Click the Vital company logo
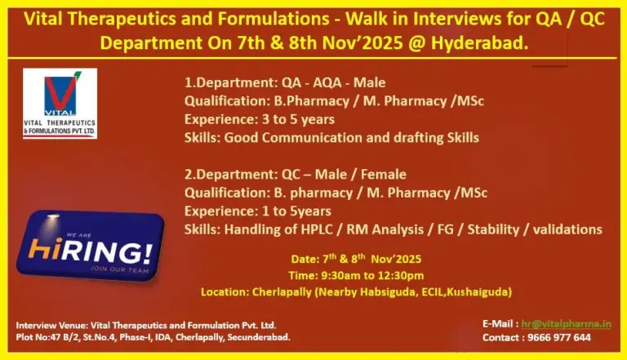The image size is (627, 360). pos(60,103)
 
